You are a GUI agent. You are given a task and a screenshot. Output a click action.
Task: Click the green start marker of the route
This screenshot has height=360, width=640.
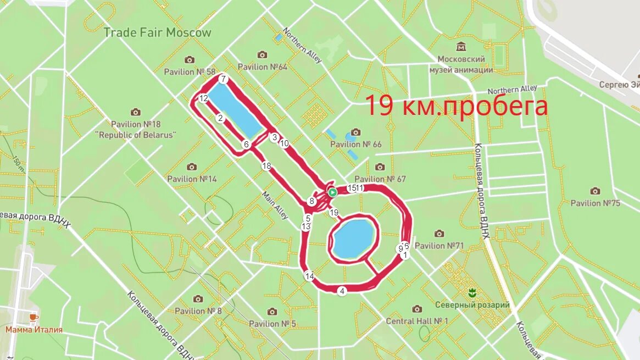click(x=332, y=192)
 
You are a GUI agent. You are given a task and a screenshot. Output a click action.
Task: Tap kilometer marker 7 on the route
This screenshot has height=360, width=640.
click(x=222, y=79)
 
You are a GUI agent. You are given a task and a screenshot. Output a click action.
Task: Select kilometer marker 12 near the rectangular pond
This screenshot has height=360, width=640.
click(x=204, y=99)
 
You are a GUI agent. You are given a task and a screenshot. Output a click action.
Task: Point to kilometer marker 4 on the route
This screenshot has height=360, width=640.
click(x=342, y=291)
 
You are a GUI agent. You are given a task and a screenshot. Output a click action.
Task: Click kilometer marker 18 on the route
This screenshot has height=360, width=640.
click(x=266, y=166)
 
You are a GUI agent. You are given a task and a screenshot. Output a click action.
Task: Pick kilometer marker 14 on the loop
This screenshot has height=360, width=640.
click(x=309, y=276)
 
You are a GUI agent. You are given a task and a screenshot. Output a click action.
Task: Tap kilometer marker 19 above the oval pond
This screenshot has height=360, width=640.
click(x=333, y=212)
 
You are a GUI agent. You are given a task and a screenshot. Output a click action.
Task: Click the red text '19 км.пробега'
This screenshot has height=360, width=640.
click(x=456, y=106)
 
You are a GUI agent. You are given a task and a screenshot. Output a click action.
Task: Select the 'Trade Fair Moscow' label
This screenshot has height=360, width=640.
click(x=157, y=32)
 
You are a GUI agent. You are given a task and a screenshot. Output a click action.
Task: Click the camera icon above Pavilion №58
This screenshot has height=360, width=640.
click(x=190, y=60)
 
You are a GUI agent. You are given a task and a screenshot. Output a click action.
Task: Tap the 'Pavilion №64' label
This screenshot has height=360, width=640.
click(x=263, y=67)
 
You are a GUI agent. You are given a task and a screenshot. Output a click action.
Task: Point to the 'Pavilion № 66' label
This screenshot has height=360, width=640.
click(x=355, y=145)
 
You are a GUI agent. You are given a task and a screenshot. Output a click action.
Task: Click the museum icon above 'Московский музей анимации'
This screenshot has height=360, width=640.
click(x=461, y=47)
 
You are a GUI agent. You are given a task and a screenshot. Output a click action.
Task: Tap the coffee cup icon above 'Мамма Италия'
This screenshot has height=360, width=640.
click(x=33, y=318)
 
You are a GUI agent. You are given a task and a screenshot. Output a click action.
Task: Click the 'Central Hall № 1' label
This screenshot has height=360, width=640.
click(x=417, y=321)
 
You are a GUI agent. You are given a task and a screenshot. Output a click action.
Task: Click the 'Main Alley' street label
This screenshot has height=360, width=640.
click(x=275, y=205)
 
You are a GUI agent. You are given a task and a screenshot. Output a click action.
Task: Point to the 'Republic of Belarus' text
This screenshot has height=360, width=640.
click(x=136, y=135)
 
